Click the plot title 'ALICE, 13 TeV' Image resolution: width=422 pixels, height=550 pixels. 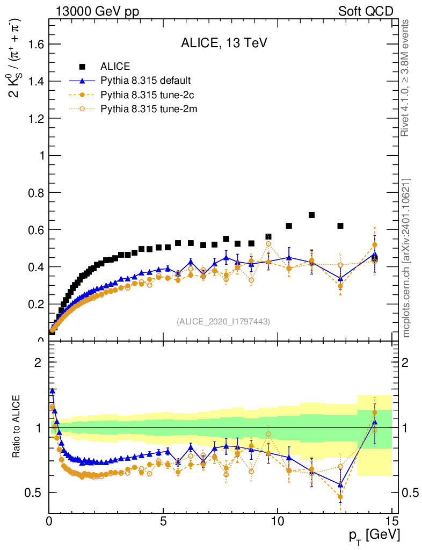coord(224,44)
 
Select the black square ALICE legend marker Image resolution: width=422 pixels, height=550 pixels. coord(83,67)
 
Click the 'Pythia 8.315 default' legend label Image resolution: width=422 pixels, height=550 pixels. coord(145,81)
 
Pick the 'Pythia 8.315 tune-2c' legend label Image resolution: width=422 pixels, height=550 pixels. coord(145,95)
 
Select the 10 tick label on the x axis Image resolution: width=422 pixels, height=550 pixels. coord(278,520)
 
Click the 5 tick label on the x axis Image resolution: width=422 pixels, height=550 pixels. coord(163,520)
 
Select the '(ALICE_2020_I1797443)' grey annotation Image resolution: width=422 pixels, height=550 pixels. coord(223,321)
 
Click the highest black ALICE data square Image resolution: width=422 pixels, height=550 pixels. coord(311,215)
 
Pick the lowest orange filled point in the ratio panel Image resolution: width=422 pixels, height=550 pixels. coord(340,497)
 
